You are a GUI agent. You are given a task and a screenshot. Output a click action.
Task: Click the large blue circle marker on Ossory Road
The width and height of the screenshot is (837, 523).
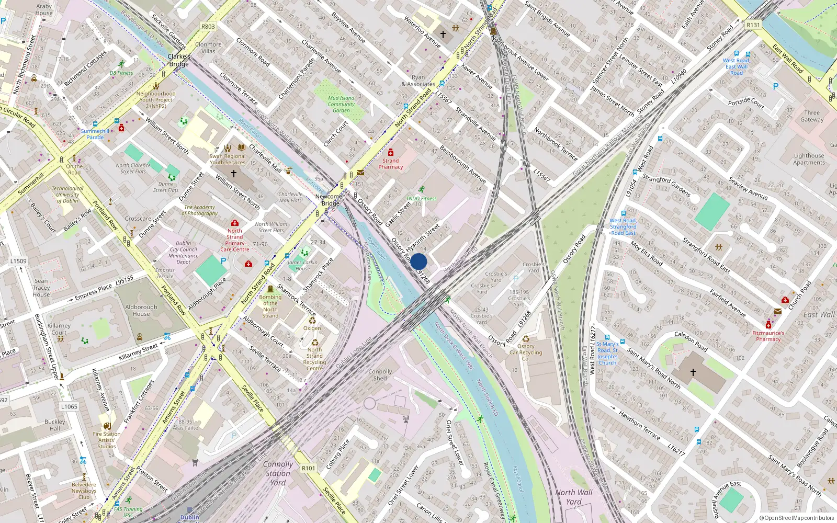tap(418, 261)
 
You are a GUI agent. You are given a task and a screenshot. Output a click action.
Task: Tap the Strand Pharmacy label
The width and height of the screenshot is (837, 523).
tap(391, 164)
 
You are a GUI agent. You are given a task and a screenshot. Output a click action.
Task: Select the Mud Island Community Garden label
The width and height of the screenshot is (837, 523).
tap(341, 104)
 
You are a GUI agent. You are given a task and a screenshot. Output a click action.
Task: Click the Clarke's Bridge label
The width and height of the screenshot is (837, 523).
tap(179, 60)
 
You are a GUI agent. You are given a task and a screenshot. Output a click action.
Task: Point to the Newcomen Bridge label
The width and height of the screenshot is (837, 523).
tap(330, 200)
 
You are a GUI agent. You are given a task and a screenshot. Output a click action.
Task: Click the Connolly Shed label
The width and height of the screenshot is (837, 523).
tap(380, 375)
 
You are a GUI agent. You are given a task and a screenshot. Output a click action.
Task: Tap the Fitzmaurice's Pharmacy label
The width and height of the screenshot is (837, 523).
tap(768, 336)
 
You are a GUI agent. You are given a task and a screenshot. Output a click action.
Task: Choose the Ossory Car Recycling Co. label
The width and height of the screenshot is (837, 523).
tap(526, 352)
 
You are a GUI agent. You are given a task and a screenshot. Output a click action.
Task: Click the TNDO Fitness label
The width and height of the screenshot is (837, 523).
tap(421, 199)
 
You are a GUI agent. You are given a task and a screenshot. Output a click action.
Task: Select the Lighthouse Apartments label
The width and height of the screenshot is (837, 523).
tap(809, 159)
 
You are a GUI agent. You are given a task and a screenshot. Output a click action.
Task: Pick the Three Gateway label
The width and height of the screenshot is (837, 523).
tap(812, 116)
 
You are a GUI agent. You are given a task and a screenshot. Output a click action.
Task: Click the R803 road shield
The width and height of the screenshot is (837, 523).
tap(208, 27)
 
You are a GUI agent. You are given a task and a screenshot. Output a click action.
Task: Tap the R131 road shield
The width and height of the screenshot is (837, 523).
tap(753, 25)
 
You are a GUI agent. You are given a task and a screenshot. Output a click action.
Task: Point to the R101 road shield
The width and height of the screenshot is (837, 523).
tap(309, 468)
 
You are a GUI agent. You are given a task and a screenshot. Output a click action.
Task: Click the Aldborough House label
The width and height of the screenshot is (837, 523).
tap(141, 311)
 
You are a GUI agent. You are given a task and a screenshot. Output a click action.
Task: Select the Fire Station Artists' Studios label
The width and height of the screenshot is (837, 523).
tap(107, 440)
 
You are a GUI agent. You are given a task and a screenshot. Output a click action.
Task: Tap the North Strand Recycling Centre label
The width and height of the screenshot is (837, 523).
tap(314, 359)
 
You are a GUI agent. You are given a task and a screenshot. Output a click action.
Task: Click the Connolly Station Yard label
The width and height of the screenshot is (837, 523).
tap(278, 473)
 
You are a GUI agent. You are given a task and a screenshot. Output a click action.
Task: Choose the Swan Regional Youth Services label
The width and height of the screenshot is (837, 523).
tap(228, 159)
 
